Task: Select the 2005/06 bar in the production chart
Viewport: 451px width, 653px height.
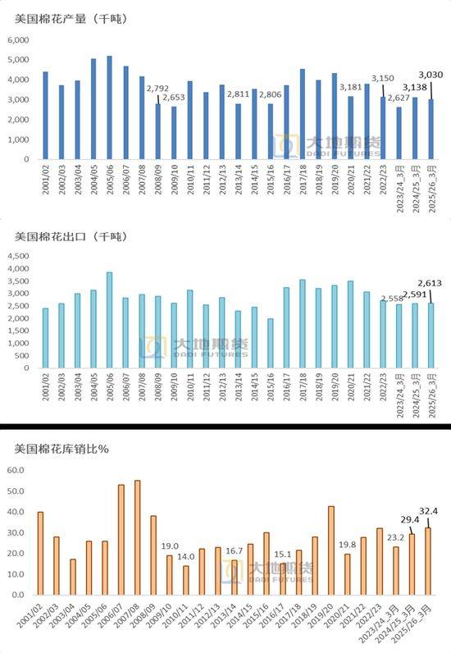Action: coord(109,107)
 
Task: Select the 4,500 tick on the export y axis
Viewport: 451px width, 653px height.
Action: coord(19,256)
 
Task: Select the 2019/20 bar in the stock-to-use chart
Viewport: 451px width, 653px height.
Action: coord(330,550)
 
